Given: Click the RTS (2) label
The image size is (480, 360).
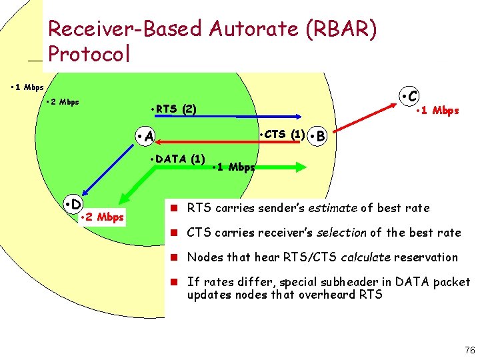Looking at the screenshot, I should point(173,109).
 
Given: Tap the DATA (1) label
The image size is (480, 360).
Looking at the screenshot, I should point(177,159).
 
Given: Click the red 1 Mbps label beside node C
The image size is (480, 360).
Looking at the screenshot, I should point(437,111).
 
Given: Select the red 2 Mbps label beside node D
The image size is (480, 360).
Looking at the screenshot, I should point(101,217).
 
